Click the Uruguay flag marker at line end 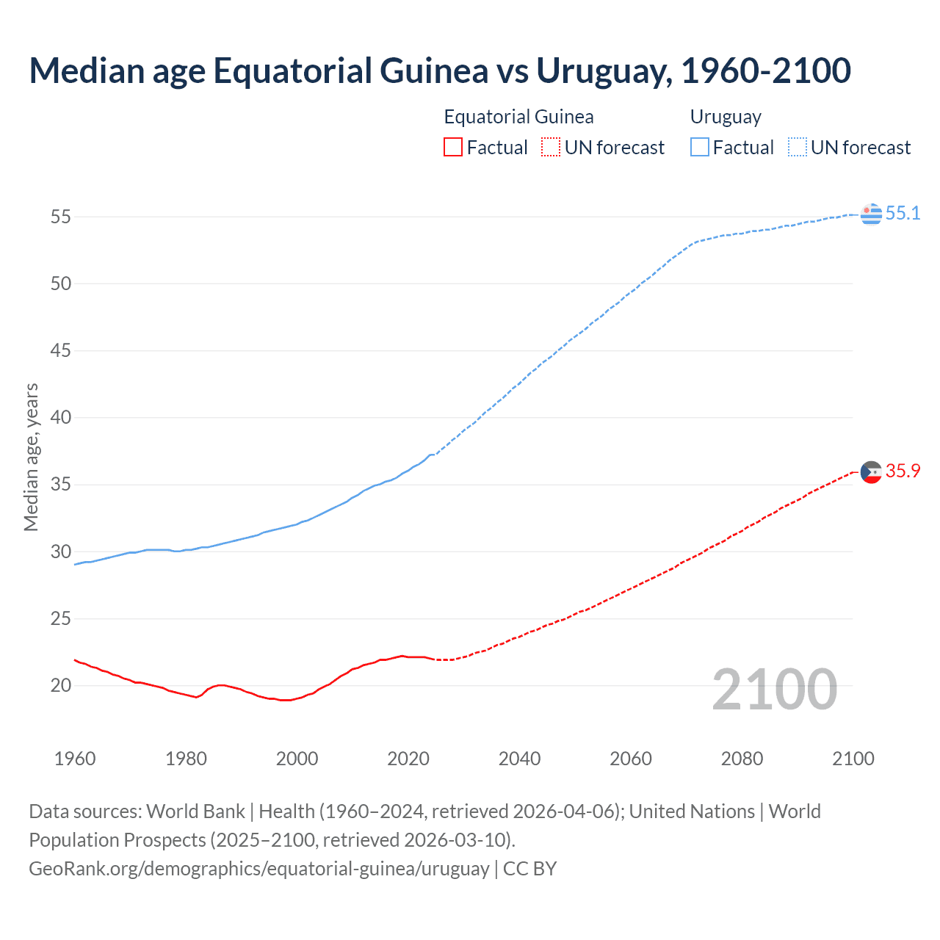[x=871, y=214]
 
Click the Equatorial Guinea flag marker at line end [x=871, y=472]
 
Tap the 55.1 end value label [x=903, y=214]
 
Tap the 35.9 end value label [x=903, y=471]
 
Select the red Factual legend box [x=453, y=148]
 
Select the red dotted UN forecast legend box [x=551, y=148]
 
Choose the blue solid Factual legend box [x=699, y=148]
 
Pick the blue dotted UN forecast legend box [x=797, y=148]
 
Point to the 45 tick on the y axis [x=60, y=351]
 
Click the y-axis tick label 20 [x=60, y=686]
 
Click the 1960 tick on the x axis [x=75, y=759]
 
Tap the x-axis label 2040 [x=519, y=759]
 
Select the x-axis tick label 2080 [x=742, y=759]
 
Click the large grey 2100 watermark [x=775, y=690]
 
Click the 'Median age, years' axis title [x=31, y=457]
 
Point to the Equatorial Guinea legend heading [x=518, y=117]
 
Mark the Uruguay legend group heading [x=726, y=117]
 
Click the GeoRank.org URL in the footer [x=258, y=869]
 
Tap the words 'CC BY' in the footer [x=529, y=869]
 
